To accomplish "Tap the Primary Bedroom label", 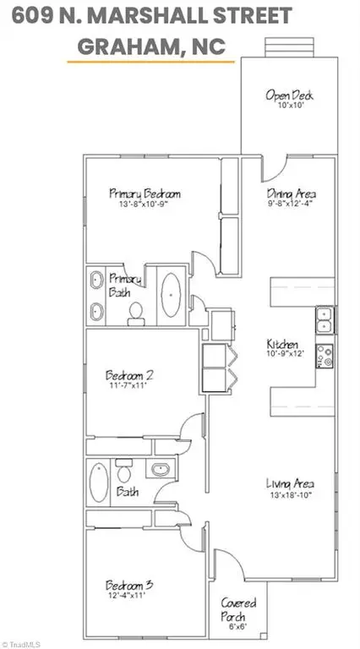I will (x=145, y=194).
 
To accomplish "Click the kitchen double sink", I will (x=324, y=320).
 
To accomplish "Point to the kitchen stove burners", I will (x=324, y=357).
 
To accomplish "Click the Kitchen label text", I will (x=281, y=345).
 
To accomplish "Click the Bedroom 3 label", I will (x=128, y=585).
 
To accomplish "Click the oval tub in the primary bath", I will (x=172, y=294).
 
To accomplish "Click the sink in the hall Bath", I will (x=160, y=469).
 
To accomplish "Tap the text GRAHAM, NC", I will (x=151, y=48).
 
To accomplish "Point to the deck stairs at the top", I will (x=284, y=46).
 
